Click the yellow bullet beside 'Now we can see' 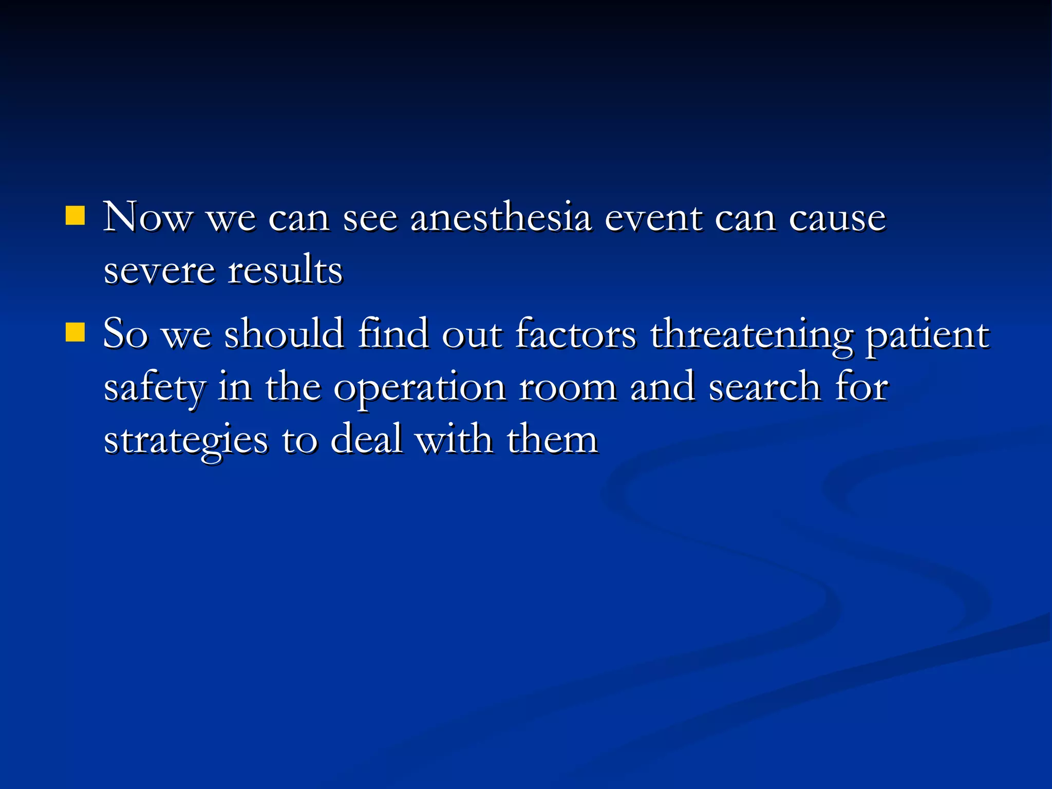(75, 216)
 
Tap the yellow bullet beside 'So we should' (75, 332)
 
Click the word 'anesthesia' (501, 218)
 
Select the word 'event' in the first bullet (653, 218)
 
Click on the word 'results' (285, 270)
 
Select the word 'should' (284, 334)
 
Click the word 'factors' (575, 334)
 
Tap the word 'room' (568, 387)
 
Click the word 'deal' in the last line (366, 440)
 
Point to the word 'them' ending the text (552, 440)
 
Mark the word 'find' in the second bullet (393, 334)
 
